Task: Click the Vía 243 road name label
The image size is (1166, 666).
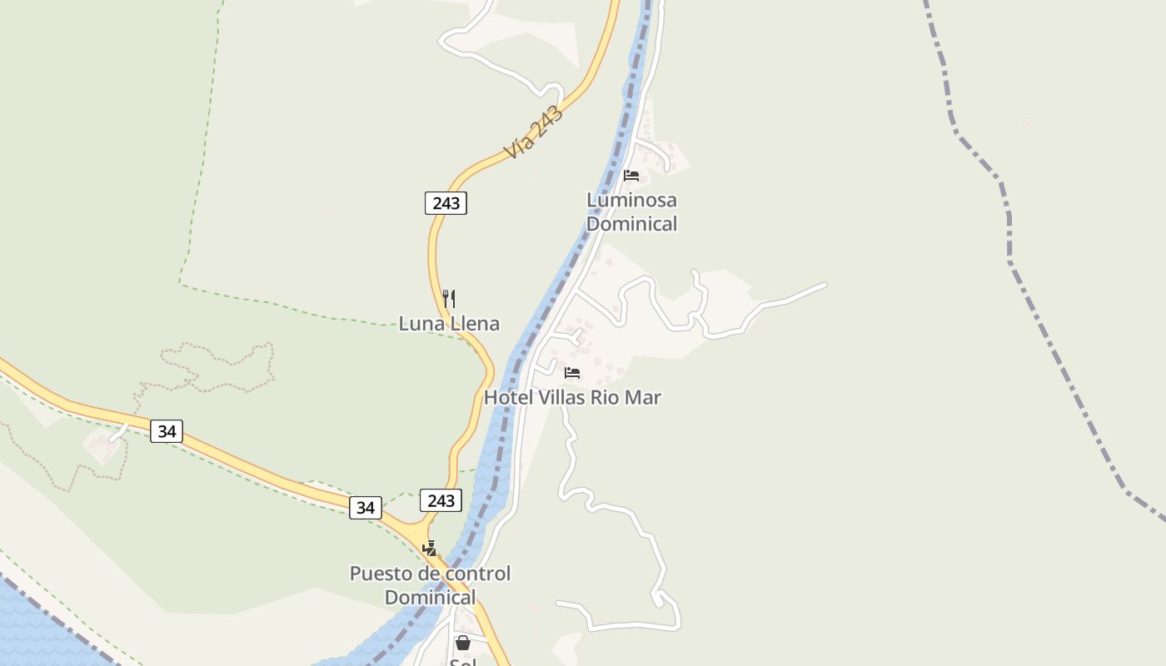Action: pos(534,133)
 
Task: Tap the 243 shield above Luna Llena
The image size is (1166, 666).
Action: pos(446,203)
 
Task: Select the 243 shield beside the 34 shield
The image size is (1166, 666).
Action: pos(441,499)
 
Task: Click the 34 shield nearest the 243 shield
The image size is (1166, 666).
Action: pos(365,507)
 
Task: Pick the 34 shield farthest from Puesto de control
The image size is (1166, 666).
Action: pos(167,431)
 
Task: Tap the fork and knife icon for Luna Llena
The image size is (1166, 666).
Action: pos(449,298)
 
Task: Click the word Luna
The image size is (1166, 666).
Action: pos(421,324)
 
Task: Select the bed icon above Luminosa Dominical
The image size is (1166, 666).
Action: pos(631,176)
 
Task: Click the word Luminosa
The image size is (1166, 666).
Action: pos(631,200)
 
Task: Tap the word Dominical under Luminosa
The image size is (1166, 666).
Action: pos(631,223)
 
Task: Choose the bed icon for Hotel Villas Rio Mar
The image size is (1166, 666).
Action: pos(572,372)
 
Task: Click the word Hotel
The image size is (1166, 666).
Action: pos(507,398)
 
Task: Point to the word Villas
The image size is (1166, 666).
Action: pos(561,398)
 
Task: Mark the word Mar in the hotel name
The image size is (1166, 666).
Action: pos(643,398)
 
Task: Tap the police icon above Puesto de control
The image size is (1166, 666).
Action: pos(430,549)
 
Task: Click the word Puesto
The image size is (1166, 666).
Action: pos(380,574)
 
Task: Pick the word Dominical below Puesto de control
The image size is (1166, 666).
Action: pos(430,597)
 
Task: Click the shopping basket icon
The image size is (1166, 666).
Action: pos(463,643)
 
